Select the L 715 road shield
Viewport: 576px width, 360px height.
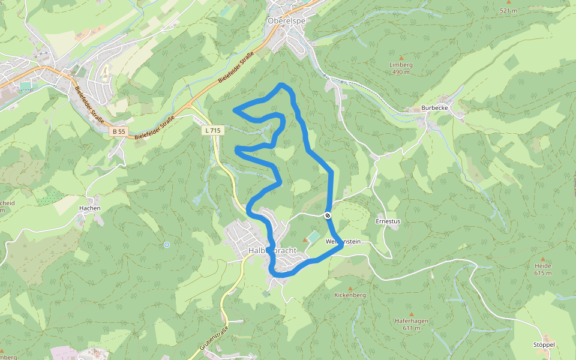[x=212, y=130]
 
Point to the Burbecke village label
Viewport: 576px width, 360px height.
[x=435, y=109]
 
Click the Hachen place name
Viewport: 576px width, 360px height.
[x=89, y=208]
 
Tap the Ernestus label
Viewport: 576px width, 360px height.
[x=388, y=221]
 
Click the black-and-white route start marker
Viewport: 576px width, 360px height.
[x=328, y=215]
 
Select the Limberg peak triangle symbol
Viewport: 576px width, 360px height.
[x=401, y=58]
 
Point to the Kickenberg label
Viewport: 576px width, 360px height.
[x=350, y=295]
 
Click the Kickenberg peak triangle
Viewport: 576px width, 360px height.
[x=350, y=288]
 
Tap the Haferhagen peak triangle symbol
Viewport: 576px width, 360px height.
[x=412, y=314]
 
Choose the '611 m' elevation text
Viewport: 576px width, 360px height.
[x=412, y=328]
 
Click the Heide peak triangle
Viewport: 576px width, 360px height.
[x=543, y=259]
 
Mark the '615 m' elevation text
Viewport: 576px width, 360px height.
[x=543, y=273]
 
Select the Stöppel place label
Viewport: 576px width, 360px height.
[x=545, y=345]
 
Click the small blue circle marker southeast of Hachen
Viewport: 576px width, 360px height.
[x=166, y=244]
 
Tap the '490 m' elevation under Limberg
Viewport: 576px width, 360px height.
[x=401, y=72]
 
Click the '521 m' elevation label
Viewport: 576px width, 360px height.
[x=508, y=10]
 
